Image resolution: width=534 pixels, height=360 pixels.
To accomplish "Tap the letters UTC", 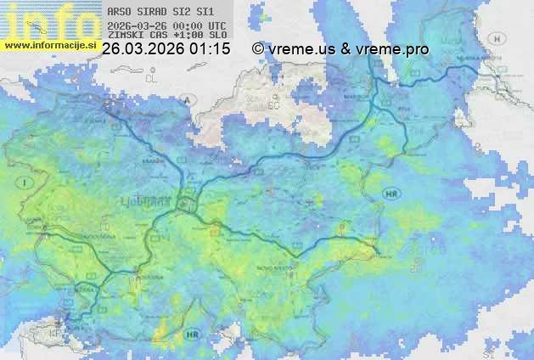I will point(216,25).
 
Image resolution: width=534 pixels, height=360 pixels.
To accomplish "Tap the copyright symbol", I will point(257,49).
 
